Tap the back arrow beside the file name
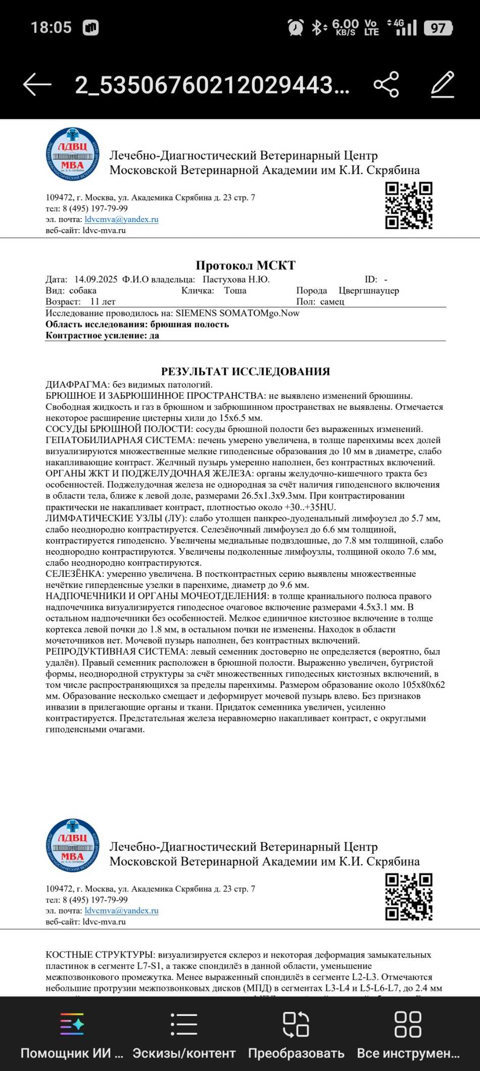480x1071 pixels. point(37,84)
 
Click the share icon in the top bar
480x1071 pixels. point(387,84)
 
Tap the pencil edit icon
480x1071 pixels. point(443,84)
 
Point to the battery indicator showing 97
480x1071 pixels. point(438,28)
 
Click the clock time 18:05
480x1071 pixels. point(51,27)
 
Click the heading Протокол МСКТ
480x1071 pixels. point(246,265)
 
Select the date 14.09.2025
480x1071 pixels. point(95,280)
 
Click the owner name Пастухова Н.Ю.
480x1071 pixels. point(236,280)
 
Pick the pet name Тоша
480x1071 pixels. point(235,291)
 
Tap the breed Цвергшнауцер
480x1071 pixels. point(369,291)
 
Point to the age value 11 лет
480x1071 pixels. point(103,302)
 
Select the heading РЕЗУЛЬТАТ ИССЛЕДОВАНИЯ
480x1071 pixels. point(246,371)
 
